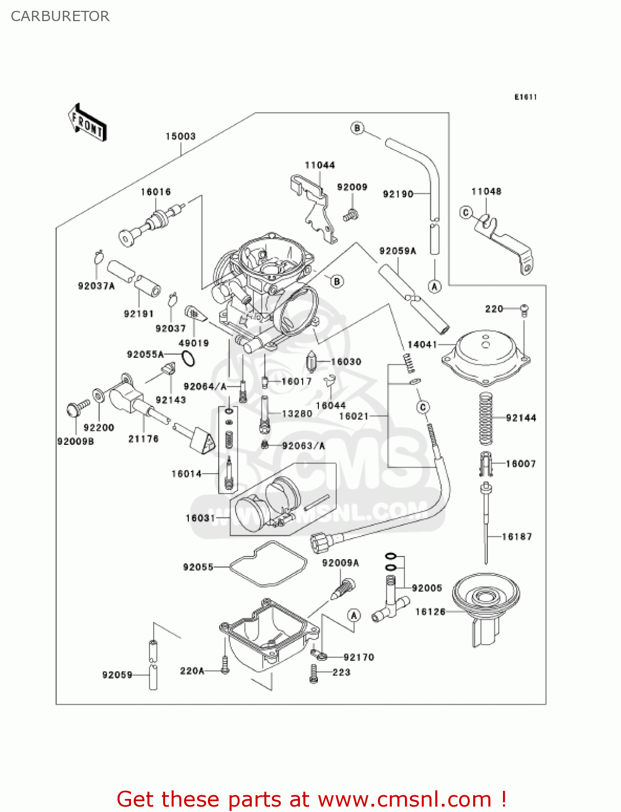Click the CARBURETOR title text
60,16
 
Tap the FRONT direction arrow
87,123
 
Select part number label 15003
180,136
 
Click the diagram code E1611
525,97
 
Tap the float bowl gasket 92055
267,564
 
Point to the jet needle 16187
487,525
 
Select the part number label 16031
200,518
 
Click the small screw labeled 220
524,310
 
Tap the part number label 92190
398,194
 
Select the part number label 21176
143,439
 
